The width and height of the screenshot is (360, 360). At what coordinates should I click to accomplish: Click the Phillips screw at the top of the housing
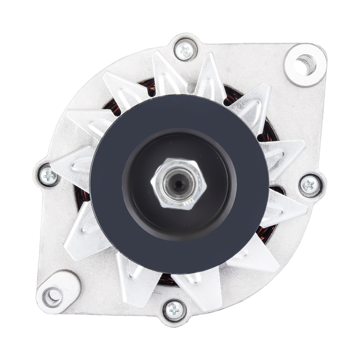pos(185,50)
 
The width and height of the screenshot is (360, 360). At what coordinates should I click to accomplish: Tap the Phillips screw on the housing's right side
pos(310,184)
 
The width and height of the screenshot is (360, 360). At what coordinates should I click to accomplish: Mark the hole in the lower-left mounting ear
pos(53,296)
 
